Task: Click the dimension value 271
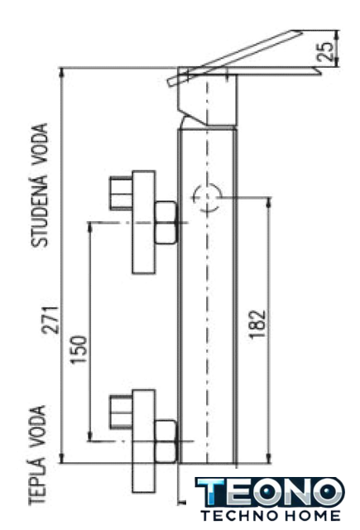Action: (51, 320)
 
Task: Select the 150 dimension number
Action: (79, 349)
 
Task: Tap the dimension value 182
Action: (257, 324)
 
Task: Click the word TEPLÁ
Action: (37, 480)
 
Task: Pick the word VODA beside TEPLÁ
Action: (37, 426)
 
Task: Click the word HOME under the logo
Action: (311, 516)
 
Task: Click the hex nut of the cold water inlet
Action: (166, 222)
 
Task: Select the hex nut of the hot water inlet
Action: (166, 441)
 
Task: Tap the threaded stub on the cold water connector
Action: (121, 193)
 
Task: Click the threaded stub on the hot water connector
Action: (121, 412)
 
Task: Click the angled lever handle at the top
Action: (235, 57)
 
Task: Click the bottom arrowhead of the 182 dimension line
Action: (269, 458)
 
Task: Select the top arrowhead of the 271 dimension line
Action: (61, 72)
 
